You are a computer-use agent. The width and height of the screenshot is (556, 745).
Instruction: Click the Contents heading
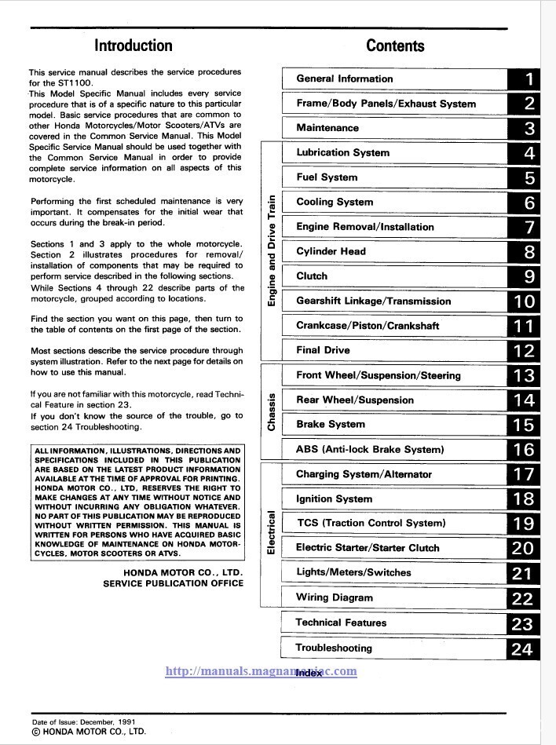click(x=395, y=46)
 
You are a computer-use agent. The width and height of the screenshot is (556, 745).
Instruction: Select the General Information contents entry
click(x=344, y=79)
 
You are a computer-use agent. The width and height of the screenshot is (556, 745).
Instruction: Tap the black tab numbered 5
click(x=530, y=178)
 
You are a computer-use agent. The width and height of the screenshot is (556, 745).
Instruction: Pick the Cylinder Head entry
click(x=331, y=251)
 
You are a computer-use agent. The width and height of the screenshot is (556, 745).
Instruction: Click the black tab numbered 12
click(x=524, y=351)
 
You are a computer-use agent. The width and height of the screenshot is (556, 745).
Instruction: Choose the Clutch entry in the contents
click(x=312, y=276)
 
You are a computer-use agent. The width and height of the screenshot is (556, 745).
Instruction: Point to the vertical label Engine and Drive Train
click(x=272, y=250)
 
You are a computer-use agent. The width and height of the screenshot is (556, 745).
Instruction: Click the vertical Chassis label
click(x=272, y=411)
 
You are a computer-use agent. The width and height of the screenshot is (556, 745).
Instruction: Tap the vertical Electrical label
click(x=272, y=534)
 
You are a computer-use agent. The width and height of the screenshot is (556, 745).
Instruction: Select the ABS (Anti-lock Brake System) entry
click(x=370, y=449)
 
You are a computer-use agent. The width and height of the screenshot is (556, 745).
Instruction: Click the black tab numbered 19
click(x=524, y=524)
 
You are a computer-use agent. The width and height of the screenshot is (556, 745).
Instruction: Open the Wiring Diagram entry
click(x=335, y=597)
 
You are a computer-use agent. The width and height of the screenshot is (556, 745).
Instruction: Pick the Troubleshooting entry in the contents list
click(x=334, y=648)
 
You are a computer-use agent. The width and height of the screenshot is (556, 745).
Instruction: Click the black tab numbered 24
click(x=522, y=648)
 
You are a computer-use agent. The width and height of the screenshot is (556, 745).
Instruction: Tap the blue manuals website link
click(x=262, y=671)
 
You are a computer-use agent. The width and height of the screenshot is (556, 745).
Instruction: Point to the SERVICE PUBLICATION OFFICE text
click(x=173, y=583)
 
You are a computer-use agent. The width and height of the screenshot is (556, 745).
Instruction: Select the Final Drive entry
click(x=323, y=350)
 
